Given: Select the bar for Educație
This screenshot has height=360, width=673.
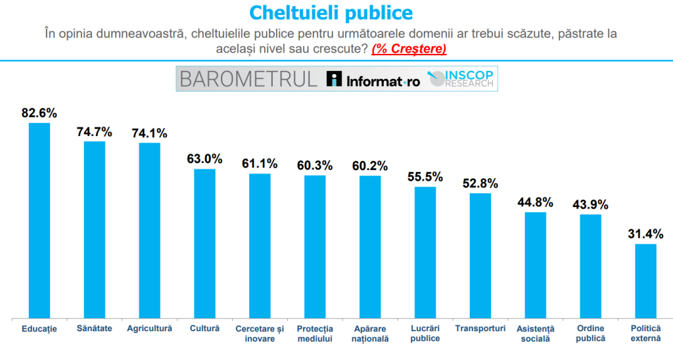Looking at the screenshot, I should point(39,219).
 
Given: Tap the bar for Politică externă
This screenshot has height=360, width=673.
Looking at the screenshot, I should point(645,280).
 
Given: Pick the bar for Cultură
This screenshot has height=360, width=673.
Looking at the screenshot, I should point(204,242).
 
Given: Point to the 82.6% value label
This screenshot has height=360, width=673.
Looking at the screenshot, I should point(39,113).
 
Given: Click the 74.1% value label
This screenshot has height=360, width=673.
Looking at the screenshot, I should point(149,133).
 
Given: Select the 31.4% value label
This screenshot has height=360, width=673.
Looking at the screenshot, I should point(645,234).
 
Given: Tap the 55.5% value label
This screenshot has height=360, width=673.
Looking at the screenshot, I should point(425,177).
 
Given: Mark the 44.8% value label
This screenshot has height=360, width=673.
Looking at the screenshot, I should point(535,202).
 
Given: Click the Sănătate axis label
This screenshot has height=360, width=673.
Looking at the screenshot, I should point(94,328).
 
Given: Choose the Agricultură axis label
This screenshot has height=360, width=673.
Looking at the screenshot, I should point(149,328).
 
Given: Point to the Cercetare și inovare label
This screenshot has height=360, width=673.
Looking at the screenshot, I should point(260,333).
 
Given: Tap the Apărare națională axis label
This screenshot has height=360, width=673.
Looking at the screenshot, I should point(370,333).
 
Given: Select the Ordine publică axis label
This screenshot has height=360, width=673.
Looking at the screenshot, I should point(590,333).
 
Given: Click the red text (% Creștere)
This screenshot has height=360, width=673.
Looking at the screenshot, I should point(408,49).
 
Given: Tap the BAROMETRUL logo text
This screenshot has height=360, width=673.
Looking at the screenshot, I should point(248,79).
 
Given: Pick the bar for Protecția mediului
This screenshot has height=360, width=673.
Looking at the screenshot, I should point(315,246).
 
